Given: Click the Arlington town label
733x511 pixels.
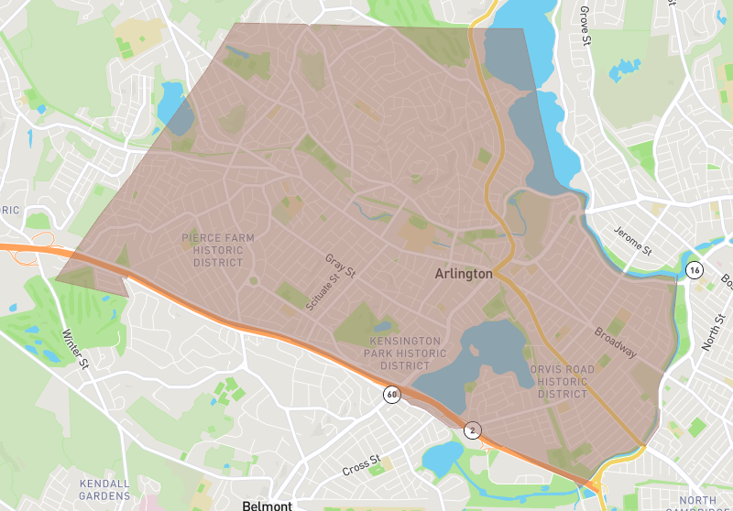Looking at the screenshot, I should click(x=463, y=274).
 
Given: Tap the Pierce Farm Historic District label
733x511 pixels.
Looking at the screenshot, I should click(x=218, y=250).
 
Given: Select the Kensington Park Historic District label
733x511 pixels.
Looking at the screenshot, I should click(x=401, y=353).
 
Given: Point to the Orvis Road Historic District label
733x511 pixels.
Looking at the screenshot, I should click(x=562, y=382).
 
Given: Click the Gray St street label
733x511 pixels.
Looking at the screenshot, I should click(x=339, y=266).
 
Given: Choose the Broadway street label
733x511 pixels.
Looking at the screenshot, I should click(x=614, y=342).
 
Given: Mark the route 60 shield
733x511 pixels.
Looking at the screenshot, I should click(x=391, y=395).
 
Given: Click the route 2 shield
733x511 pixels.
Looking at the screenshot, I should click(x=472, y=429).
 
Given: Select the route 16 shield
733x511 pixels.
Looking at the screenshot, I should click(x=695, y=270).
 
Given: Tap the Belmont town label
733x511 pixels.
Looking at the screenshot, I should click(x=267, y=506).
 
